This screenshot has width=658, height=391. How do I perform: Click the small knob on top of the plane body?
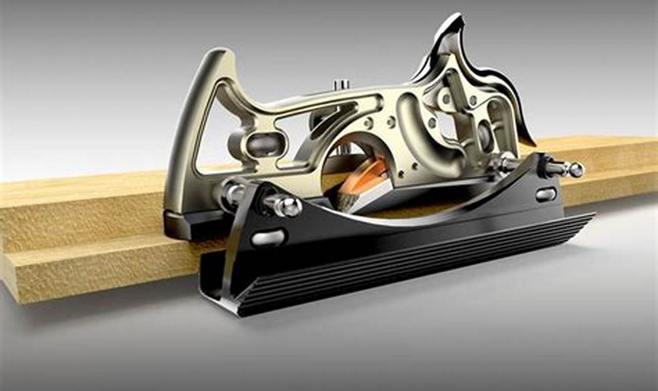[341, 84]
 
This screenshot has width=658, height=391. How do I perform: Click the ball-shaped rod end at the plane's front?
[576, 169]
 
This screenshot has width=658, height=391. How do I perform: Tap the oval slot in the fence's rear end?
[268, 237]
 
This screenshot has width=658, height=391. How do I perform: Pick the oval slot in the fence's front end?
[546, 194]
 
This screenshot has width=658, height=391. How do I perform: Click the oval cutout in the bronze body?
[264, 145]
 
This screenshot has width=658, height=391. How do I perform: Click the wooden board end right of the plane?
[618, 170]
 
